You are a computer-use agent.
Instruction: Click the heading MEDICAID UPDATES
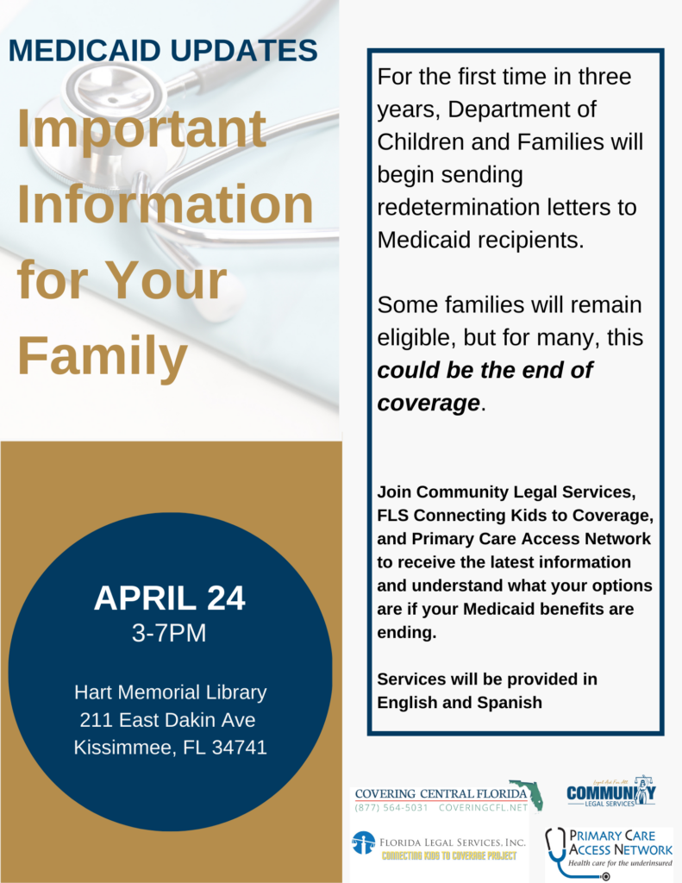point(163,50)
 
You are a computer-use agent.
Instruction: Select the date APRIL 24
point(169,598)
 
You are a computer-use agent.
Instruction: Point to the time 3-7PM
point(169,634)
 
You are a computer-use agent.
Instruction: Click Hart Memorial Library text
point(170,692)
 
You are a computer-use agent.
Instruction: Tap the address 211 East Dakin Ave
point(167,720)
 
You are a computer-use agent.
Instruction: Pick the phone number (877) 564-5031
point(391,808)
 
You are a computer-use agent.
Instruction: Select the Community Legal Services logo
point(610,792)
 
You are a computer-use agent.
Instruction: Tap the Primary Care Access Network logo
point(609,850)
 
